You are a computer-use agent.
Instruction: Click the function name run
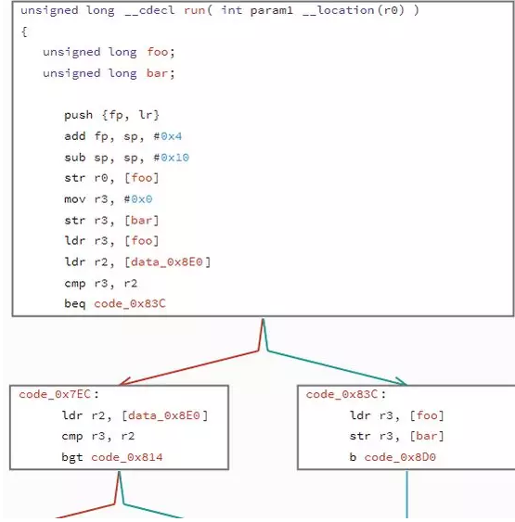[x=194, y=10]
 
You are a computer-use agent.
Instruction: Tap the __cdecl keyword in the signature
[x=150, y=10]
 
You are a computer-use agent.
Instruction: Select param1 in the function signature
[x=272, y=11]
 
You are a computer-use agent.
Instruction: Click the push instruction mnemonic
[x=78, y=115]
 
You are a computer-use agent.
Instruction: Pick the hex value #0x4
[x=168, y=136]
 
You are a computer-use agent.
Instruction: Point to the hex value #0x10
[x=172, y=158]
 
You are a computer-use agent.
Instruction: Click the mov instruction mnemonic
[x=75, y=199]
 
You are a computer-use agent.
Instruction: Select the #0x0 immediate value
[x=138, y=199]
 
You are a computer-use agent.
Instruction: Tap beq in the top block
[x=75, y=303]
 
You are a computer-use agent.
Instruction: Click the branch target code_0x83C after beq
[x=130, y=303]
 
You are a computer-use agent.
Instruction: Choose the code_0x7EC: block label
[x=58, y=394]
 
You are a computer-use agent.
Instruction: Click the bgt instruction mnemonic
[x=72, y=457]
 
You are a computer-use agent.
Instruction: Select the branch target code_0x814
[x=127, y=457]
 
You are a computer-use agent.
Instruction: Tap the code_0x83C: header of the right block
[x=346, y=394]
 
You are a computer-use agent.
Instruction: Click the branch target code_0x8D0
[x=400, y=457]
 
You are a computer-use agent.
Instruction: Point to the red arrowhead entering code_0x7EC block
[x=124, y=382]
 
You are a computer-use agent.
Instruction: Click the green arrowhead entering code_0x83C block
[x=402, y=381]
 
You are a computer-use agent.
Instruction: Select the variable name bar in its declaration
[x=157, y=73]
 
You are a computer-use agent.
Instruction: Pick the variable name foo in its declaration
[x=158, y=52]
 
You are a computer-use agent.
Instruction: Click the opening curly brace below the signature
[x=24, y=32]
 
